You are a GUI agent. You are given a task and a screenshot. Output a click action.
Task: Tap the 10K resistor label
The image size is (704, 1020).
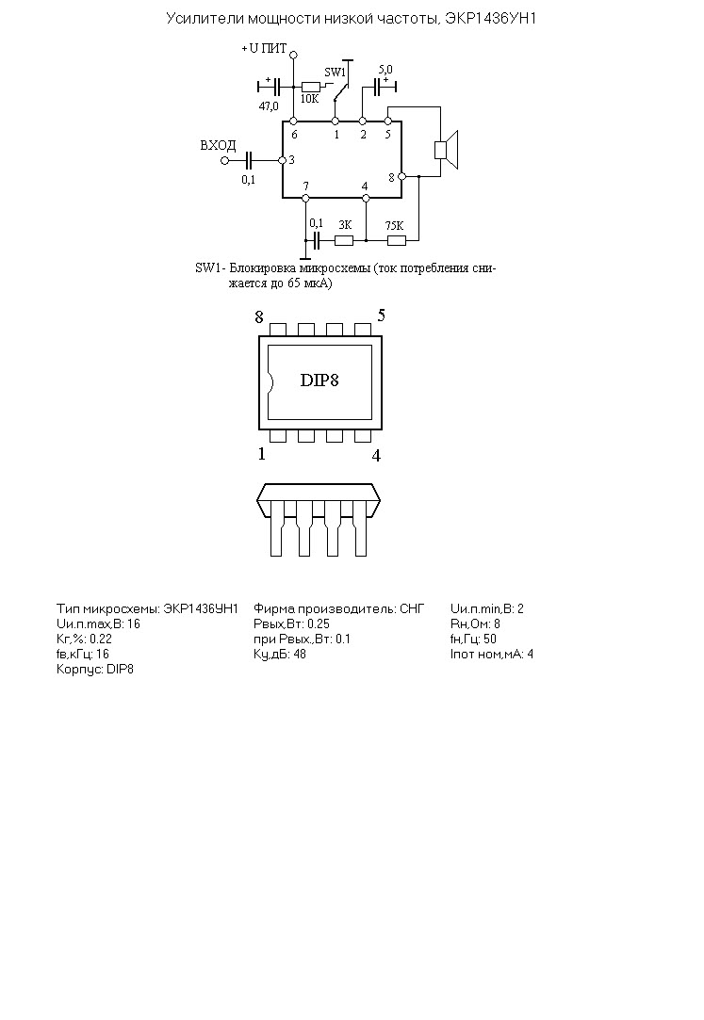click(310, 99)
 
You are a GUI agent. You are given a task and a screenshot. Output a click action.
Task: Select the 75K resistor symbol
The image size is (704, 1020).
click(397, 241)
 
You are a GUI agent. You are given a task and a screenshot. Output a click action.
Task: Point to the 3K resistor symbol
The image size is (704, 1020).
click(344, 241)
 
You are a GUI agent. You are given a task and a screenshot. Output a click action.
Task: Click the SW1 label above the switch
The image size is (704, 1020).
click(336, 73)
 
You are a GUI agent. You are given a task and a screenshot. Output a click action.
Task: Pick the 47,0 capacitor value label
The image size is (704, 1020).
click(269, 106)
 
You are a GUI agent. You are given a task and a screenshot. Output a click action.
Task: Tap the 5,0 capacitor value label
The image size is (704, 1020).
click(385, 70)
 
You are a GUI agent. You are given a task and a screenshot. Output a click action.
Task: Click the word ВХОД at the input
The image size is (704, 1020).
click(218, 146)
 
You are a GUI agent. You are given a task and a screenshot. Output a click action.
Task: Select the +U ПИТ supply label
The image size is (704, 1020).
click(264, 49)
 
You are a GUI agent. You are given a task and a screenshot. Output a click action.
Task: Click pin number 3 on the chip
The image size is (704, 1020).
click(291, 159)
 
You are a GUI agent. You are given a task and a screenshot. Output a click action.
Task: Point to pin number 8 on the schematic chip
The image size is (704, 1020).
click(392, 177)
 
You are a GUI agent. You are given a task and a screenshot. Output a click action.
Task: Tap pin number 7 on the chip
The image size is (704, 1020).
click(305, 186)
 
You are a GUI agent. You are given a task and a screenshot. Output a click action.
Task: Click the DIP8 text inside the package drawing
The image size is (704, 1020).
click(319, 380)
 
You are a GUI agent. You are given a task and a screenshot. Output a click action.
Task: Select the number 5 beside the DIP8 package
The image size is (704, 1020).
click(382, 316)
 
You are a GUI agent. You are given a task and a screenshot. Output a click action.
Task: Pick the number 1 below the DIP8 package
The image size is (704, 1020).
click(262, 454)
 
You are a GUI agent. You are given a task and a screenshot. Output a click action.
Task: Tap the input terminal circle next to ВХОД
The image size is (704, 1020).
click(225, 160)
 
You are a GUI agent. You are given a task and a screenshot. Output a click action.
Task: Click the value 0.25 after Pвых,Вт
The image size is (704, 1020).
click(319, 623)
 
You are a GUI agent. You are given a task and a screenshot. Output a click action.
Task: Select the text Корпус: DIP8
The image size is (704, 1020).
click(95, 670)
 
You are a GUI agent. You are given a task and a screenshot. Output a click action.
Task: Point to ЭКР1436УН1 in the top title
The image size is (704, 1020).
click(491, 18)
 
